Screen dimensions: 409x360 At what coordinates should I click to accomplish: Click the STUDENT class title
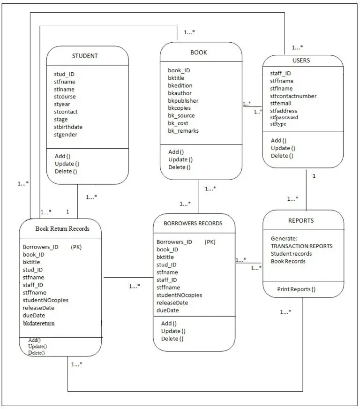click(85, 56)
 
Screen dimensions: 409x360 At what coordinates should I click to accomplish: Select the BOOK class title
click(198, 53)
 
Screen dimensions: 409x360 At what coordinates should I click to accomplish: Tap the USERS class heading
click(301, 61)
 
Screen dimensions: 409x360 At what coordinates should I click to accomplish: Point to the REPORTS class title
click(301, 220)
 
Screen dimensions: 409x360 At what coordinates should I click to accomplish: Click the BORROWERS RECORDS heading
click(193, 223)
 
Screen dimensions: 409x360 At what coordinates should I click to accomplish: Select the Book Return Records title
click(62, 229)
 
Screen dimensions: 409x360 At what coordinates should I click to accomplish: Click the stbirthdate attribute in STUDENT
click(68, 127)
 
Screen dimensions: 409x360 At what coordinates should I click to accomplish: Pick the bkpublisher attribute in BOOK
click(183, 100)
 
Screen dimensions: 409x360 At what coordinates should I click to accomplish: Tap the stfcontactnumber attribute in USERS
click(293, 96)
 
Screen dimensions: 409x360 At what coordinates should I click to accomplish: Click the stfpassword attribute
click(284, 118)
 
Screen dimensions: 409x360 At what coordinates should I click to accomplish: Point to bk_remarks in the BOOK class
click(183, 131)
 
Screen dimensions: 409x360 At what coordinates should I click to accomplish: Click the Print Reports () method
click(296, 289)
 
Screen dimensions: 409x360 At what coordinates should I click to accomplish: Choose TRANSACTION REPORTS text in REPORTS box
click(301, 246)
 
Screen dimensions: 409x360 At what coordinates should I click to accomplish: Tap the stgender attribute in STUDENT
click(66, 135)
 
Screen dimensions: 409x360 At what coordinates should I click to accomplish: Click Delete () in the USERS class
click(282, 156)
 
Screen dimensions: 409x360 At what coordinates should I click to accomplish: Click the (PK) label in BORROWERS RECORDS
click(210, 242)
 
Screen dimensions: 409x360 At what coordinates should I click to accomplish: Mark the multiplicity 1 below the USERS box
click(314, 176)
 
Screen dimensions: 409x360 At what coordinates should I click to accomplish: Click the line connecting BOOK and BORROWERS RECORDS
click(199, 197)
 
